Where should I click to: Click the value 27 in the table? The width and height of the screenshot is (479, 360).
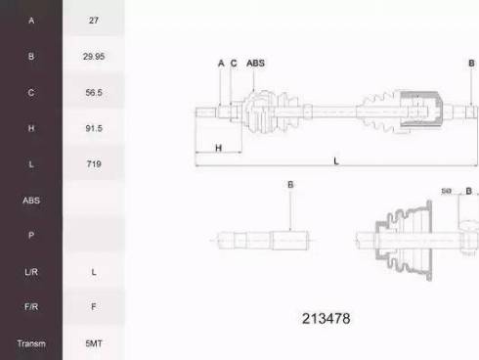94,21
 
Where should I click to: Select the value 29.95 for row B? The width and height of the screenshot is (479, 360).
94,57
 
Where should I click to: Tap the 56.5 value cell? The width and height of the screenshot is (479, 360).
94,92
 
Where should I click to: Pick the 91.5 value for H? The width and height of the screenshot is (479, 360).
94,128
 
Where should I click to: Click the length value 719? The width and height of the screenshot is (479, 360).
94,163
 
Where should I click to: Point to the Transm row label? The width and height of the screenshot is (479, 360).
31,343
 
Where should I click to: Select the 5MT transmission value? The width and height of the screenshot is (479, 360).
94,343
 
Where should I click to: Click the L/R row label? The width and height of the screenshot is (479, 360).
31,272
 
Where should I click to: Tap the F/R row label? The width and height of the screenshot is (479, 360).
31,306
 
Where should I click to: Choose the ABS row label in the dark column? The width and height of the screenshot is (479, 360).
31,200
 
